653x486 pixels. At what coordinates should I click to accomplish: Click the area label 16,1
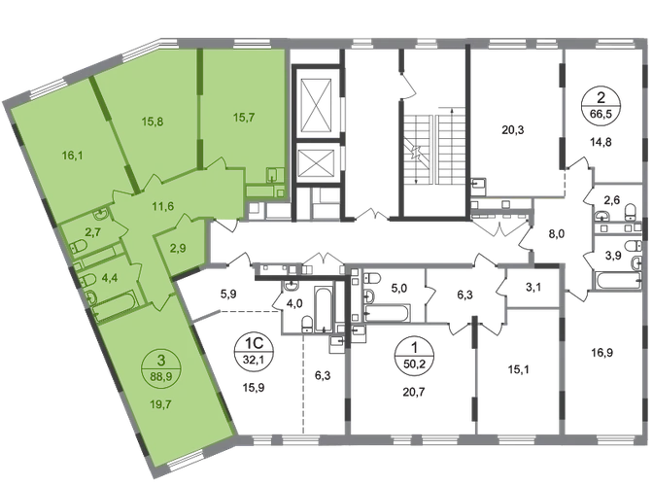point(71,156)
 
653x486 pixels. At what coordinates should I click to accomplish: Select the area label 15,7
point(244,118)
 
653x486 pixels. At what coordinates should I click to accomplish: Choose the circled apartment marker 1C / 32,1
point(254,352)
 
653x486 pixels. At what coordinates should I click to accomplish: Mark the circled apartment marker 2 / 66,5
point(601,105)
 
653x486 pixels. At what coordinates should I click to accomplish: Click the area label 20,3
point(513,130)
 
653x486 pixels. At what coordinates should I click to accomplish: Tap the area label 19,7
point(161,404)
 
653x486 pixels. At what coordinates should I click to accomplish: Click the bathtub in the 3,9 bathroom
point(618,280)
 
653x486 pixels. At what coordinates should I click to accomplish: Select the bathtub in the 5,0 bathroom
point(388,313)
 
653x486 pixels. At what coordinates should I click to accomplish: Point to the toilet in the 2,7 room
point(78,247)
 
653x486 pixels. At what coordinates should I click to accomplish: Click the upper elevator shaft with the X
point(317,104)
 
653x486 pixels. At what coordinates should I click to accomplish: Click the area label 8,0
point(557,233)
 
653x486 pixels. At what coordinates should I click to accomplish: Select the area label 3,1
point(533,287)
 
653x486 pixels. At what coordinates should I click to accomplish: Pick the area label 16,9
point(602,354)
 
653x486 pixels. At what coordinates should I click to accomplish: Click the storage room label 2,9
point(179,249)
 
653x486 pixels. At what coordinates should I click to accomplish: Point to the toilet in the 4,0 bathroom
point(307,325)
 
